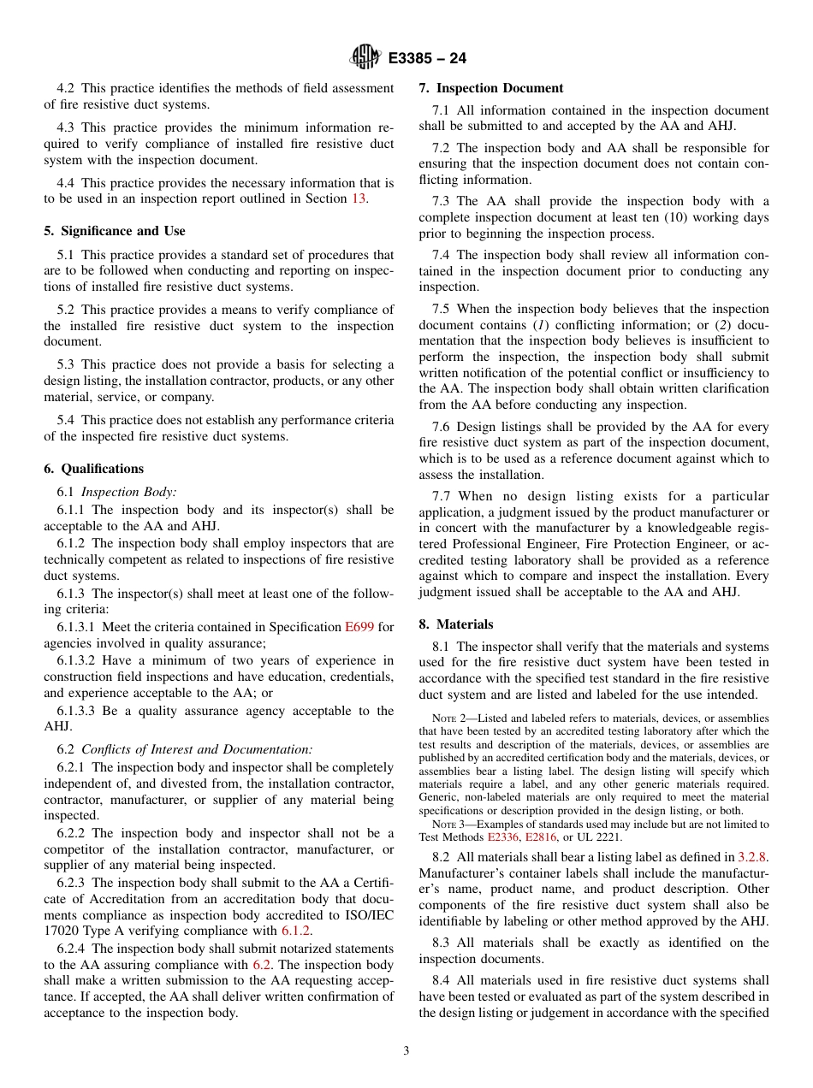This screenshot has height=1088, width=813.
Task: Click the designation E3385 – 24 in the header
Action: point(427,58)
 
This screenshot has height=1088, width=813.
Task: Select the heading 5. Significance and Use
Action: point(114,231)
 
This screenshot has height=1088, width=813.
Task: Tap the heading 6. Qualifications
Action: point(93,469)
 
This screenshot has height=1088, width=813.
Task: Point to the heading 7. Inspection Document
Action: point(490,88)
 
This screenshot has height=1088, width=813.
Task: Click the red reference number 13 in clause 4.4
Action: point(359,198)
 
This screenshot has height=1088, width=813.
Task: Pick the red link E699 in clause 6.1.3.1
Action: point(359,627)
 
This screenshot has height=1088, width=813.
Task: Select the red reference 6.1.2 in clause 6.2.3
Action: point(295,931)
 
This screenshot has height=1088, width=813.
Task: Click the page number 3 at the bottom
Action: point(406,1051)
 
